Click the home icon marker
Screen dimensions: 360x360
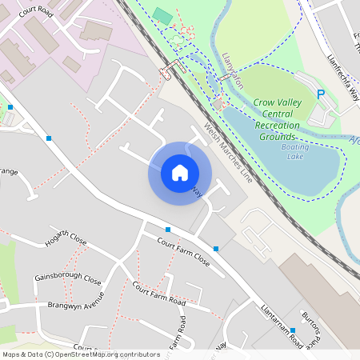(x=179, y=173)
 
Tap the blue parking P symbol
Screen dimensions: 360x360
(x=322, y=94)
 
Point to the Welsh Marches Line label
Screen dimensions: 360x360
(x=228, y=154)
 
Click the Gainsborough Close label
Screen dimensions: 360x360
(x=68, y=280)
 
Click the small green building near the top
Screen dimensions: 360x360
(x=162, y=15)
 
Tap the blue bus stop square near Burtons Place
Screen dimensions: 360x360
(x=293, y=330)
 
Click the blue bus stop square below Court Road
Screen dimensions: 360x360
(x=49, y=138)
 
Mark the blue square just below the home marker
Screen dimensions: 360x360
(x=167, y=230)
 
